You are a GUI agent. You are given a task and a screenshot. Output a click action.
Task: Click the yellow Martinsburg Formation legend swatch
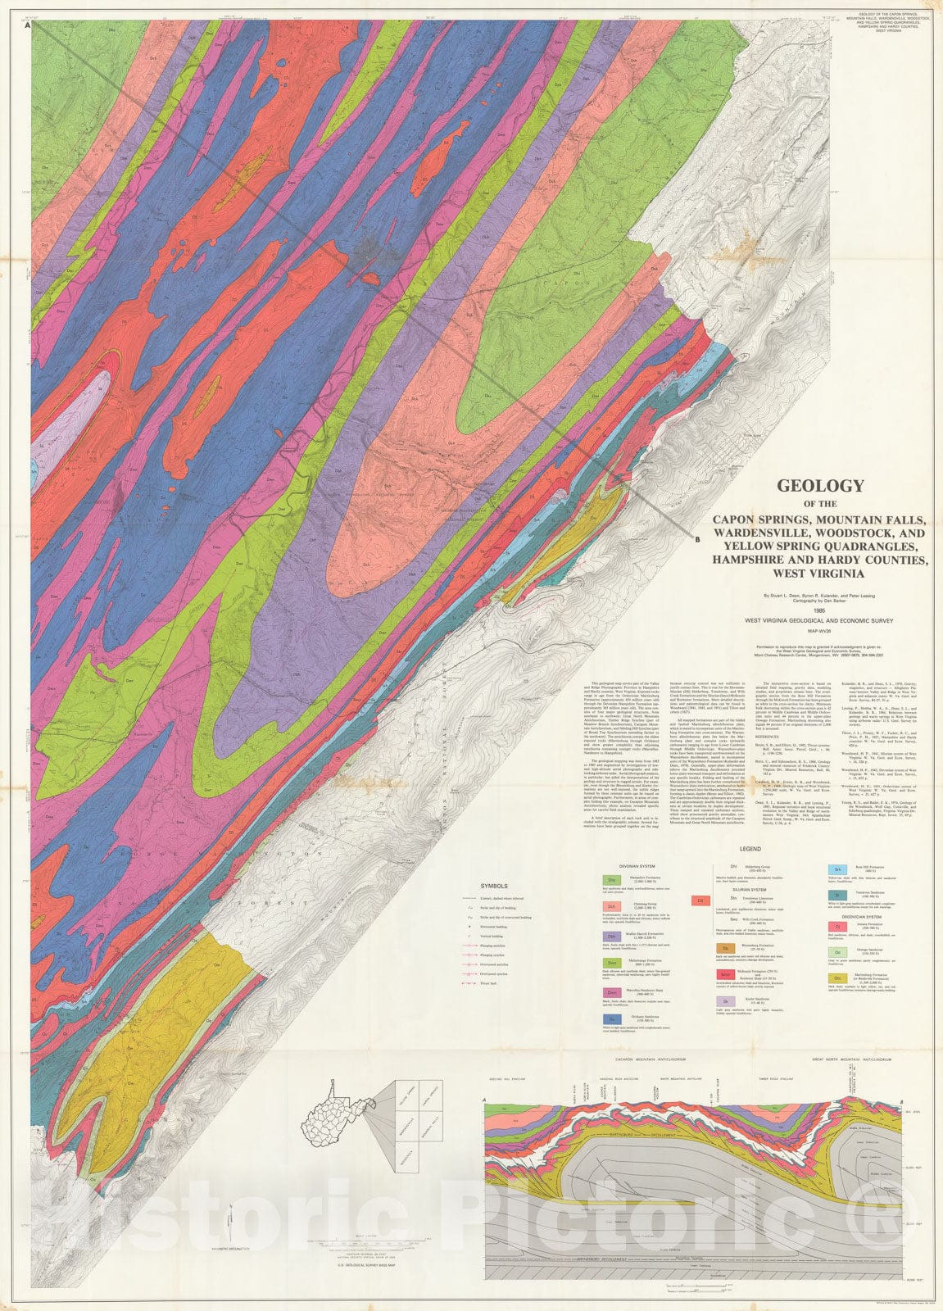[837, 978]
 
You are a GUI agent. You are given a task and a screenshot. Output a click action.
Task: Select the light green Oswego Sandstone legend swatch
[837, 952]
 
